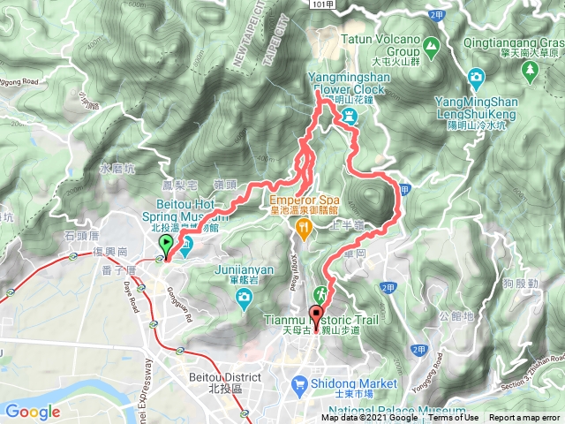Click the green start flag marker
pos(165,245)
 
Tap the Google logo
pos(33,412)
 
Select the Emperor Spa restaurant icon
pos(304,228)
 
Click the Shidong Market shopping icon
pos(300,383)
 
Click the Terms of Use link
pos(456,418)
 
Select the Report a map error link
pos(524,418)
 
